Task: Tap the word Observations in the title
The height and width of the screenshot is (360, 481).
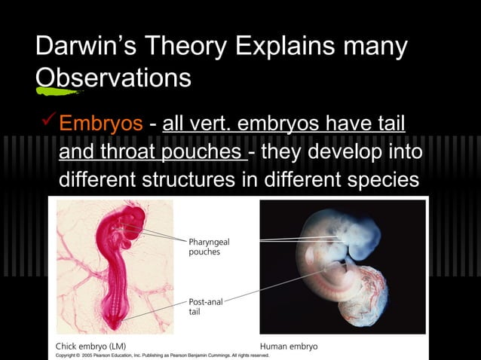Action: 113,78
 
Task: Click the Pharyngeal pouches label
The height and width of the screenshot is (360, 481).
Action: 209,247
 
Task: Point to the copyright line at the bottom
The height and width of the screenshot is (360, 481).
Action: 162,354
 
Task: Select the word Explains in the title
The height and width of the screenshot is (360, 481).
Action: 293,47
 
